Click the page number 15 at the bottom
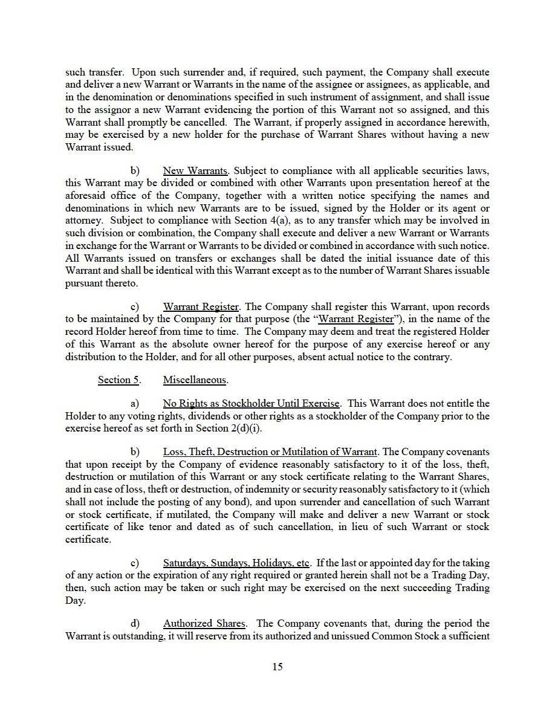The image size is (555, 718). click(277, 667)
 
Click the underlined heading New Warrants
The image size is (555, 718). click(195, 170)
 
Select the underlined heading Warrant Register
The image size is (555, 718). click(201, 307)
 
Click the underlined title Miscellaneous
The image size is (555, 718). click(195, 380)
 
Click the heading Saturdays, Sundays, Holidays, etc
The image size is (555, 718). click(236, 563)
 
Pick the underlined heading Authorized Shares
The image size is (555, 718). click(204, 624)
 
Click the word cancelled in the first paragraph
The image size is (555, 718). click(200, 121)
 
